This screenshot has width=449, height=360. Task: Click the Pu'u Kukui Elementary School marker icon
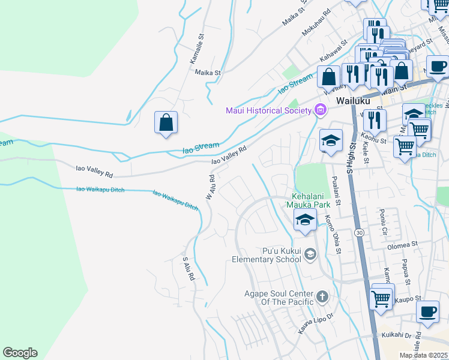pyautogui.click(x=310, y=254)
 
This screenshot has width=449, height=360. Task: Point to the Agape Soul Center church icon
pyautogui.click(x=322, y=296)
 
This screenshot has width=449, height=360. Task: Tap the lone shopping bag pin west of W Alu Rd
pyautogui.click(x=166, y=122)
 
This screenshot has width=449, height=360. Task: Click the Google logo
pyautogui.click(x=20, y=353)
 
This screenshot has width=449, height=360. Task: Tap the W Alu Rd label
pyautogui.click(x=211, y=188)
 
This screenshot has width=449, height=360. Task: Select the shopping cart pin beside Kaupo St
pyautogui.click(x=382, y=298)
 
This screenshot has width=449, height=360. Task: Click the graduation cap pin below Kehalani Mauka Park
pyautogui.click(x=306, y=221)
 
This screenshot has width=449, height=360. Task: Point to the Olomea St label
pyautogui.click(x=402, y=245)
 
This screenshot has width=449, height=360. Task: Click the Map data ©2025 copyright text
pyautogui.click(x=423, y=355)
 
